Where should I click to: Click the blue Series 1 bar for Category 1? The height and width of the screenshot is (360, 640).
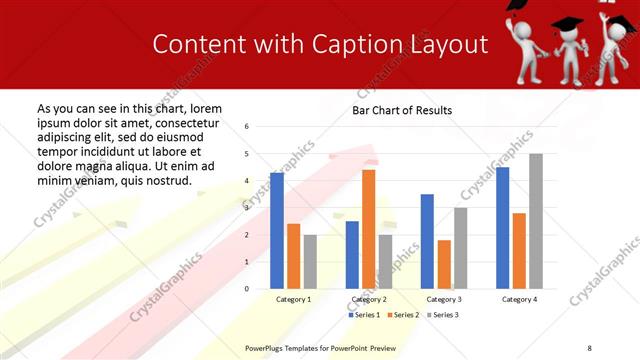(x=277, y=231)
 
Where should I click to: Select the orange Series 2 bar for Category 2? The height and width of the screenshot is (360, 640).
(x=369, y=229)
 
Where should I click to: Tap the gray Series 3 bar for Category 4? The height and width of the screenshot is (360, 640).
(x=536, y=221)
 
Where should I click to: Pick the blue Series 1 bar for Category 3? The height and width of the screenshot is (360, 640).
(x=427, y=241)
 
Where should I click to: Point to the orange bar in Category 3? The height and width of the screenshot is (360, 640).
(x=444, y=264)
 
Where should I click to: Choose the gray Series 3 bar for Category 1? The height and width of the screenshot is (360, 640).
(x=310, y=261)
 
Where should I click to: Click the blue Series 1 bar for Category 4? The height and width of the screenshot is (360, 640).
(x=502, y=228)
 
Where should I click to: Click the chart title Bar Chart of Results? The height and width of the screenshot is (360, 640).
(x=402, y=110)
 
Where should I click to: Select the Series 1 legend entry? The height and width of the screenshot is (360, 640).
(x=365, y=315)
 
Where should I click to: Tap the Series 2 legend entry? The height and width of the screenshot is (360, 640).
(x=403, y=315)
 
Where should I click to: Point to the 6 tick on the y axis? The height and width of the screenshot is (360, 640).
(x=260, y=127)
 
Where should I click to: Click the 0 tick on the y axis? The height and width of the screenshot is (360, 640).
(x=260, y=289)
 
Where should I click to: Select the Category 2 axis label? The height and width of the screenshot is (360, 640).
(x=369, y=299)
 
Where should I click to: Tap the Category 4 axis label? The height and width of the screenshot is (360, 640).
(x=519, y=299)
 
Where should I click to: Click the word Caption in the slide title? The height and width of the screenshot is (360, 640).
(x=353, y=45)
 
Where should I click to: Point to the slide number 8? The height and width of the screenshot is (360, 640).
(x=587, y=347)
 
